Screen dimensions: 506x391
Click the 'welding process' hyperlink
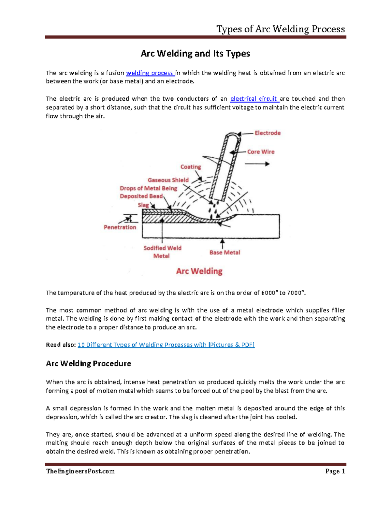tap(150, 73)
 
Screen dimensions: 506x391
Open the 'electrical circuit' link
tap(254, 99)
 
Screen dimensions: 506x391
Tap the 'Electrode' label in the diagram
tap(268, 133)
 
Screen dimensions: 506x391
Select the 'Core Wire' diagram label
tap(261, 152)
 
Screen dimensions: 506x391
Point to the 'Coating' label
tap(191, 167)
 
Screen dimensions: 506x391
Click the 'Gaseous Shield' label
tap(168, 180)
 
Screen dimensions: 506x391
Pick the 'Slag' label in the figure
tap(143, 205)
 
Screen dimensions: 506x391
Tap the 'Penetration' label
tap(120, 227)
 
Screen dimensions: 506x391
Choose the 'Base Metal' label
tap(225, 253)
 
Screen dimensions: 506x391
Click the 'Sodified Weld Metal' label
tap(162, 252)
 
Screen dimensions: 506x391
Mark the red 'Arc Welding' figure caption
tap(199, 271)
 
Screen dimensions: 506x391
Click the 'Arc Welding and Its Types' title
tap(195, 53)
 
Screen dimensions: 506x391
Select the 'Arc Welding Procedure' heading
tap(89, 364)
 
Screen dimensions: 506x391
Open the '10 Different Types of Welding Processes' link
tap(166, 345)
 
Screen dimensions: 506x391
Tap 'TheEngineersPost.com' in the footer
tap(80, 471)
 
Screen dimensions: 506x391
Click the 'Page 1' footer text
tap(335, 471)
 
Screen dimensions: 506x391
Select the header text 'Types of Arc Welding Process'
tap(281, 29)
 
